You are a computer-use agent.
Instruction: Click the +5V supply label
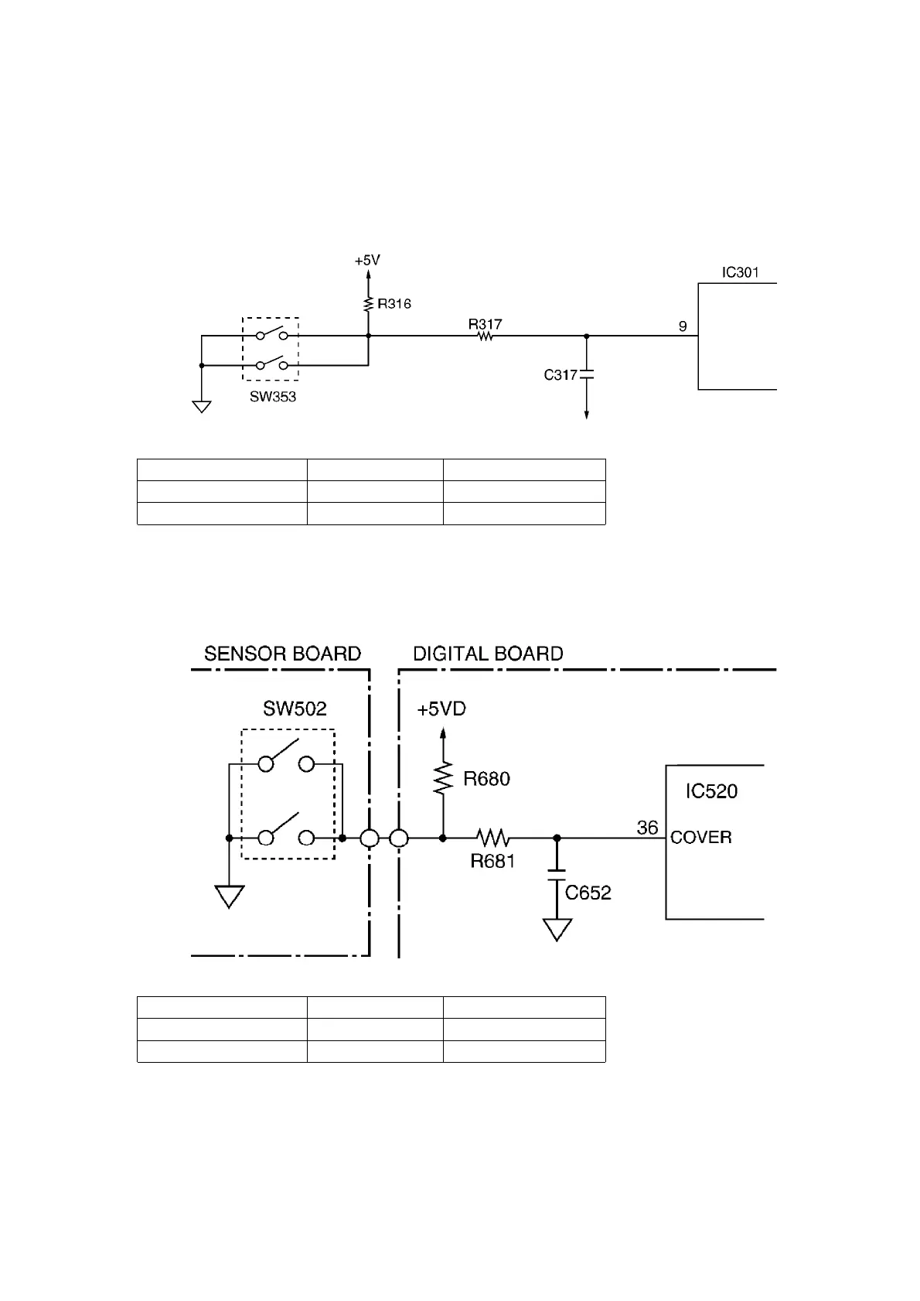[x=367, y=261]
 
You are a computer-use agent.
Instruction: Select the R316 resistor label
[x=394, y=304]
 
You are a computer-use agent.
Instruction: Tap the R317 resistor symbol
[x=486, y=336]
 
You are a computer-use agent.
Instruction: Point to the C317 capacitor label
[x=561, y=375]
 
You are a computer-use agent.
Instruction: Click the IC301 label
[x=740, y=272]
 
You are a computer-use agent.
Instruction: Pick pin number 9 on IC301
[x=683, y=326]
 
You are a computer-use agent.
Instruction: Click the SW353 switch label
[x=272, y=397]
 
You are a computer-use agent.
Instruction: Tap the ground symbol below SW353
[x=202, y=405]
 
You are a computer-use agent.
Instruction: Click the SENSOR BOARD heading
[x=282, y=654]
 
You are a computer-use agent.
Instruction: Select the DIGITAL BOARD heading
[x=488, y=654]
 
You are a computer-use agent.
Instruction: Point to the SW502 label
[x=295, y=709]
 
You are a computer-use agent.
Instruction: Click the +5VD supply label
[x=441, y=709]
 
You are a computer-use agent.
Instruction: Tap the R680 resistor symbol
[x=443, y=778]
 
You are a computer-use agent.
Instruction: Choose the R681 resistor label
[x=492, y=861]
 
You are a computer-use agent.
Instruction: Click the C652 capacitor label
[x=588, y=893]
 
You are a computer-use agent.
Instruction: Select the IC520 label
[x=711, y=791]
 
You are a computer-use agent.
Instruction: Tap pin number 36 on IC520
[x=647, y=828]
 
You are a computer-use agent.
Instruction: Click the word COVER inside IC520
[x=700, y=838]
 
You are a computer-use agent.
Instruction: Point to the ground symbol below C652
[x=557, y=928]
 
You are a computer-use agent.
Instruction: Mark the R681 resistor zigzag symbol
[x=492, y=838]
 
